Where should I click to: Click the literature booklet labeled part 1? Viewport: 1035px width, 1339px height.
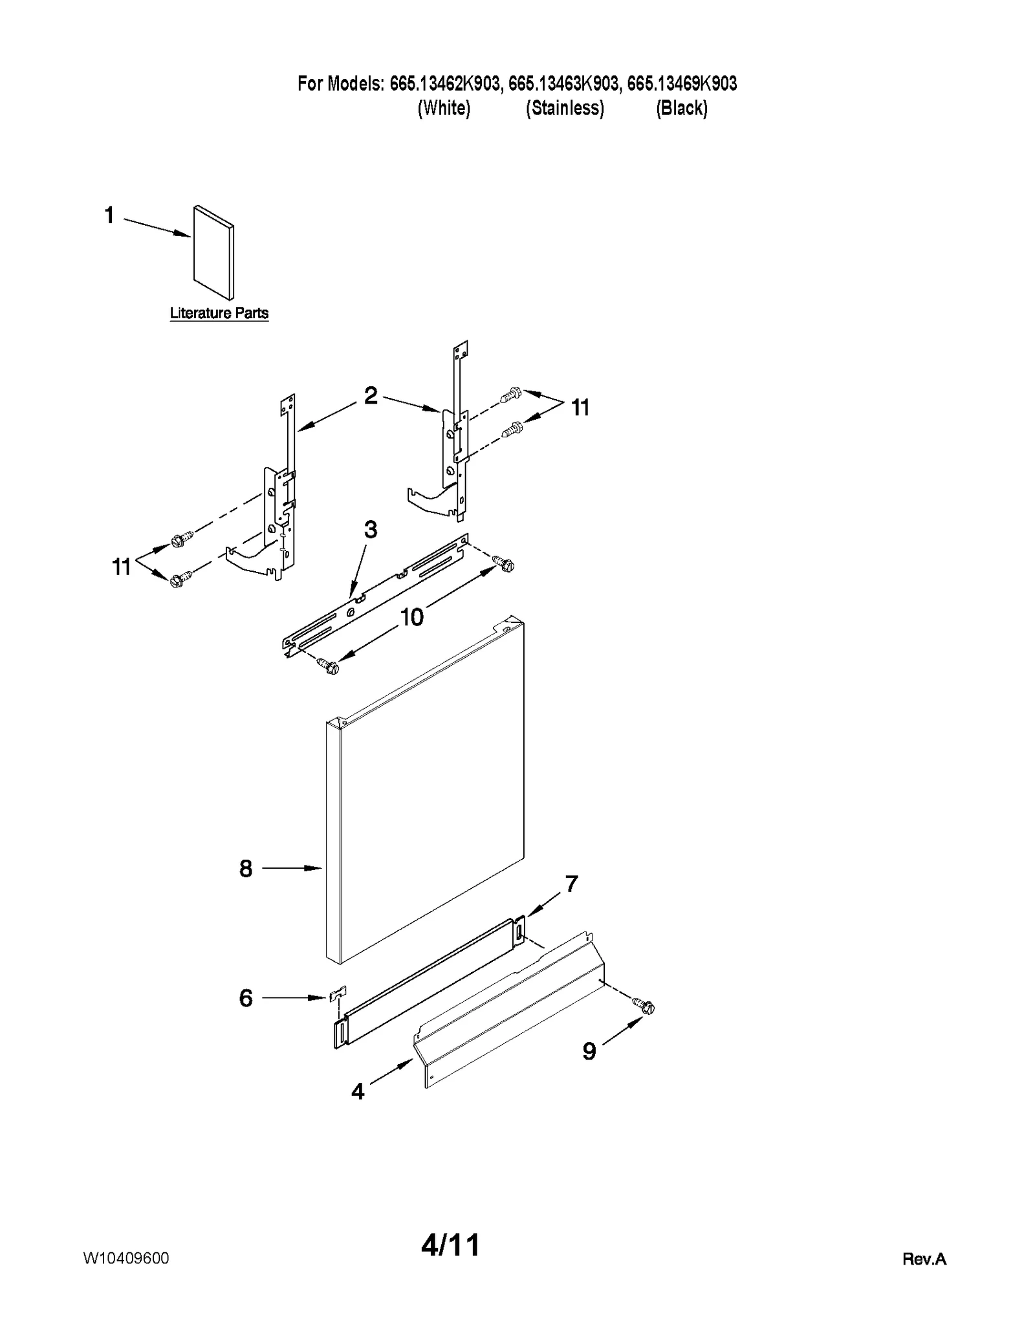pos(213,252)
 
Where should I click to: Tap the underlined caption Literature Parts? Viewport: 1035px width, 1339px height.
pos(219,313)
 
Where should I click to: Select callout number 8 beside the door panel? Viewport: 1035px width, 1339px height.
pos(246,869)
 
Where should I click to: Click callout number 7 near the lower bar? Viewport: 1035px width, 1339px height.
pos(571,884)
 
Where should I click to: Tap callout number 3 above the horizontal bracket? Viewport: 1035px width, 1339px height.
pos(370,530)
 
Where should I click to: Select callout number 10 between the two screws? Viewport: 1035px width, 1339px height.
pos(411,617)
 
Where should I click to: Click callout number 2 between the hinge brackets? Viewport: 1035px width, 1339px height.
pos(371,395)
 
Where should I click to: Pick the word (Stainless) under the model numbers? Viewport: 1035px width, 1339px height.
pos(565,108)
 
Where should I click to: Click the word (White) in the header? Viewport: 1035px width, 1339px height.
pos(444,108)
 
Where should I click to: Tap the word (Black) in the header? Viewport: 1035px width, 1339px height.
pos(682,108)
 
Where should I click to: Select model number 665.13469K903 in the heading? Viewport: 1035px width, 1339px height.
pos(682,83)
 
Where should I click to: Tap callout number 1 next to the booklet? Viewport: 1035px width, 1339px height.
pos(109,215)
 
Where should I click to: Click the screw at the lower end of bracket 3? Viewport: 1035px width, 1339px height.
pos(329,666)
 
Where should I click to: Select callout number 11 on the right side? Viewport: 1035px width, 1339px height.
pos(580,408)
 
